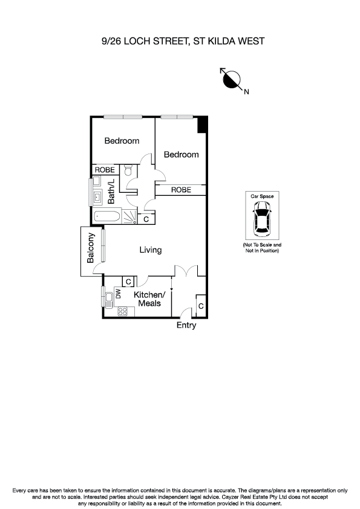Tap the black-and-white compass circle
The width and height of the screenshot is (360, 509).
pos(232,79)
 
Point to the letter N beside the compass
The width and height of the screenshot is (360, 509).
pos(246,92)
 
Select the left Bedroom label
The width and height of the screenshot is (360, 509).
pos(122,141)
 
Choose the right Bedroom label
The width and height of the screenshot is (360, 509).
pos(182,155)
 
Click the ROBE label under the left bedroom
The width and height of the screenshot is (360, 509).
pos(105,170)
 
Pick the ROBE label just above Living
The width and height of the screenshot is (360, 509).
pos(181,190)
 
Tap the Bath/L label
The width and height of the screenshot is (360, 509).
pos(111,193)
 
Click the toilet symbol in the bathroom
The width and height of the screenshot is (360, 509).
pos(127,172)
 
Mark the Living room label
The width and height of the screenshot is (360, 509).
pos(150,250)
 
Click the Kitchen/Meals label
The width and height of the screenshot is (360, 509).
pos(149,299)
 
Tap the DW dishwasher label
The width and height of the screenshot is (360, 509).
pos(119,294)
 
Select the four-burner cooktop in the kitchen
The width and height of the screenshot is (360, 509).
pos(122,312)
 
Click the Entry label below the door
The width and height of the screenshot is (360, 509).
pos(186,325)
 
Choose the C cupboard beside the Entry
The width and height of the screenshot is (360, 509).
pos(201,306)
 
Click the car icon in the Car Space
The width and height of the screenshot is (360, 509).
pos(263,218)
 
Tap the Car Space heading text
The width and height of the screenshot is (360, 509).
pos(263,196)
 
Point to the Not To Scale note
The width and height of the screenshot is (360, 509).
pos(262,247)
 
